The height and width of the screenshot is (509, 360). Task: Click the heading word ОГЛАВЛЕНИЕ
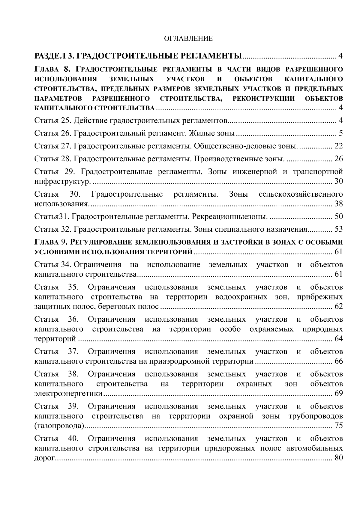click(188, 38)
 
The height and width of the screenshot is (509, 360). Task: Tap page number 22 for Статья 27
click(338, 146)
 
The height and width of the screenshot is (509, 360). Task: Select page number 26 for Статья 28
click(338, 159)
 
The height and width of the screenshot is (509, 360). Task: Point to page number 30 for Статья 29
click(338, 181)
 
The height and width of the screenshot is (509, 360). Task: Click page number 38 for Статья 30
click(338, 204)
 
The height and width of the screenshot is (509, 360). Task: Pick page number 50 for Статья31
click(338, 217)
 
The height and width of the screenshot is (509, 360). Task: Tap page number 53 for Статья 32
click(338, 230)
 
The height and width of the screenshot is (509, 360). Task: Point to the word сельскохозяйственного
click(301, 194)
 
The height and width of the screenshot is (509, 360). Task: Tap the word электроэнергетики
click(68, 394)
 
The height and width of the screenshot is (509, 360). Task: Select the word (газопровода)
click(59, 426)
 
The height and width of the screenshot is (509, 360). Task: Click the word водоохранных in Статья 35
click(241, 297)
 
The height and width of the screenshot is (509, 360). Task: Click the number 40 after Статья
click(73, 439)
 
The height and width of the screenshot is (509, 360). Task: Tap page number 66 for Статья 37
click(338, 361)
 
